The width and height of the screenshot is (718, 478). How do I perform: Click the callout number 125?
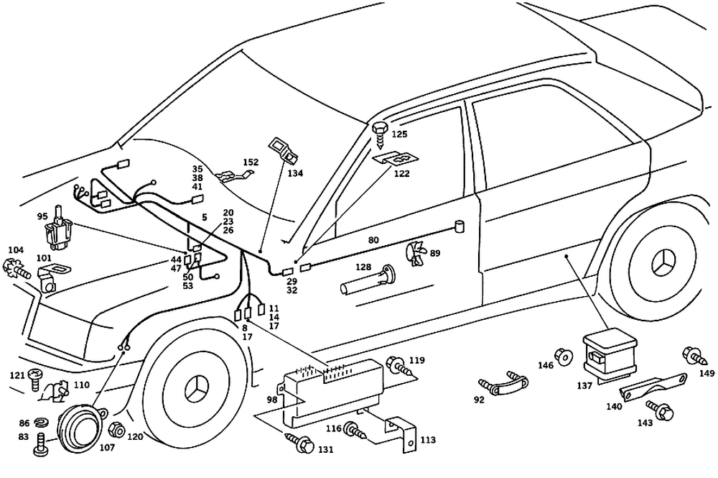399,134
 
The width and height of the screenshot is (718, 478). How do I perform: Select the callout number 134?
296,173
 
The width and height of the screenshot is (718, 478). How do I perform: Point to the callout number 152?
251,162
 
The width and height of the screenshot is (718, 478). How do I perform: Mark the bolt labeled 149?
694,355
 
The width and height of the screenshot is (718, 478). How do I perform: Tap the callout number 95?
42,216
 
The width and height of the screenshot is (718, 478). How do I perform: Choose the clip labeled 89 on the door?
415,254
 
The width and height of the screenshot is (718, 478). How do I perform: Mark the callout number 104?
15,249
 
